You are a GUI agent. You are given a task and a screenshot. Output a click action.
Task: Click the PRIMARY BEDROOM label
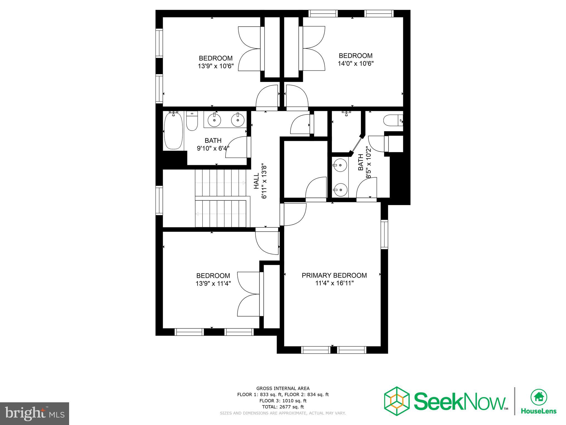334,275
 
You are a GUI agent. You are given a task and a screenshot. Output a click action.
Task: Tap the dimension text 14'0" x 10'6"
356,64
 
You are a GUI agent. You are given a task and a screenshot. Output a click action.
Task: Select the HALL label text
256,181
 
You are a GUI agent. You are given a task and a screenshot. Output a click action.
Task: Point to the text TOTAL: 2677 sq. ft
283,407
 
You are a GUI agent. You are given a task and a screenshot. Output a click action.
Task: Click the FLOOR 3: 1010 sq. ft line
283,401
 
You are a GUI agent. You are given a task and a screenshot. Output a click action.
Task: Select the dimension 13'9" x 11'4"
213,284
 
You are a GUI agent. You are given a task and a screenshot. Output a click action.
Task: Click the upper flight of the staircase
220,182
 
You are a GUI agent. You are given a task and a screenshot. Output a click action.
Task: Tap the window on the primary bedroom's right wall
384,234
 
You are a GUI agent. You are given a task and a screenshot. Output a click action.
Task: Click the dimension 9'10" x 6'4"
213,149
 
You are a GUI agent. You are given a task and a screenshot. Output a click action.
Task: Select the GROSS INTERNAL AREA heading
283,388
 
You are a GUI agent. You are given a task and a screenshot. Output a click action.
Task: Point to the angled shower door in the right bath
357,144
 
